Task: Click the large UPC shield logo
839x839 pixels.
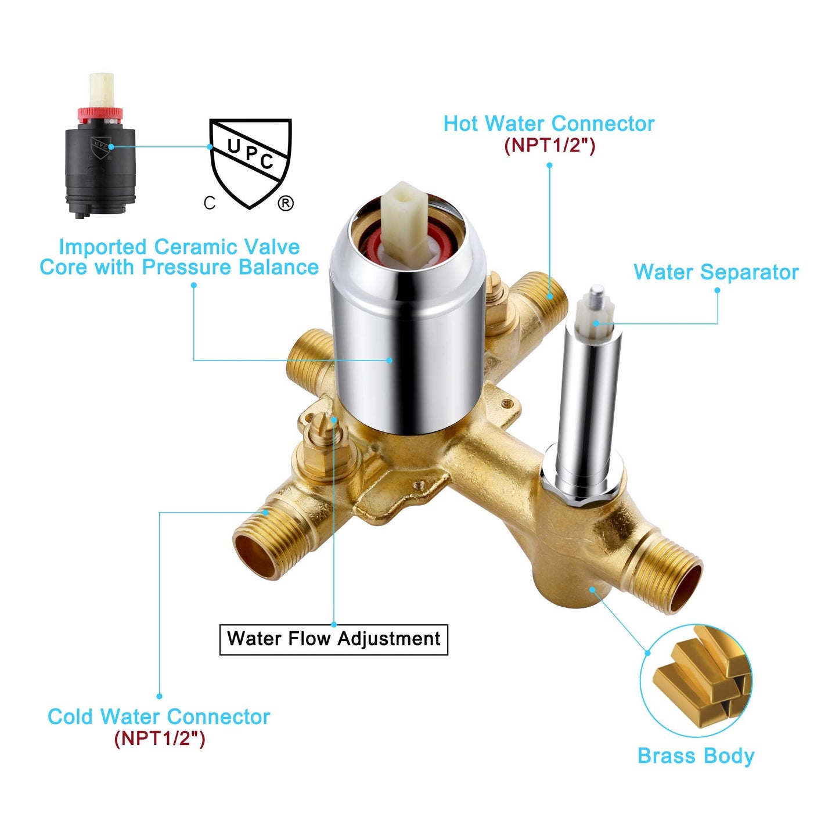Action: point(250,163)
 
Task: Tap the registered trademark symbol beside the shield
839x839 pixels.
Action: point(286,203)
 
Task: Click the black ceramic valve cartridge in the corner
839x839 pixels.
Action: point(100,145)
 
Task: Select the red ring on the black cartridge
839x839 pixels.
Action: point(100,113)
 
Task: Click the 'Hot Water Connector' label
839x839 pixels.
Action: point(549,124)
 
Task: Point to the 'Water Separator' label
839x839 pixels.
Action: point(716,272)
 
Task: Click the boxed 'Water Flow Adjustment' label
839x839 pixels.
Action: point(333,640)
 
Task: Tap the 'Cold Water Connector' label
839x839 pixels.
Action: point(159,716)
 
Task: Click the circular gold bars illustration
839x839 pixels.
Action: point(696,681)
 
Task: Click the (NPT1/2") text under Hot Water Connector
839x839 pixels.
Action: point(549,145)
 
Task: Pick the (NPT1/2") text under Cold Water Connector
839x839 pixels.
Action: point(159,739)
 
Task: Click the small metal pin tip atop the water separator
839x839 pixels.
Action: point(596,291)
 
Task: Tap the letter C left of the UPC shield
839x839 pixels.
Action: point(210,203)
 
